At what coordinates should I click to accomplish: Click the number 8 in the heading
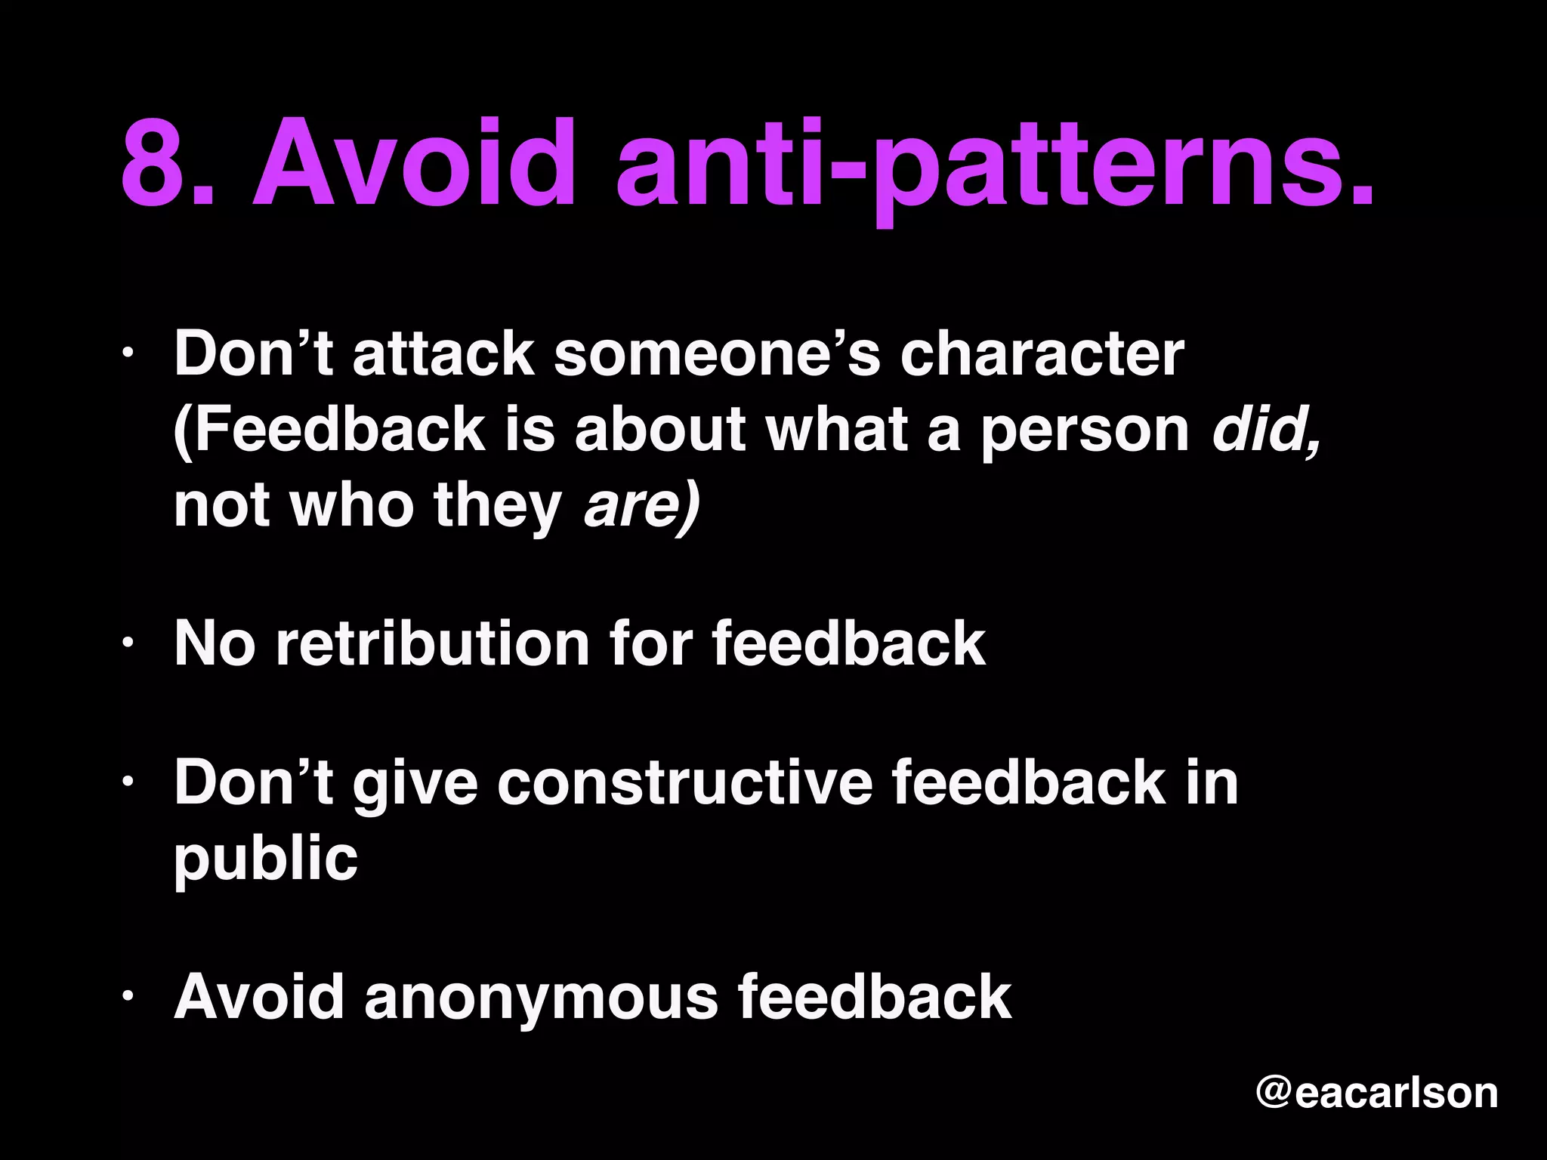(156, 162)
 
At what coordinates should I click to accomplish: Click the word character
(1042, 354)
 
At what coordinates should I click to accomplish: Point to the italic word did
(1265, 430)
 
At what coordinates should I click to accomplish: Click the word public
(265, 859)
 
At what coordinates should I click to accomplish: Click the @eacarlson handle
(1376, 1092)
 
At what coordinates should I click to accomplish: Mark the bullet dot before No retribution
(128, 643)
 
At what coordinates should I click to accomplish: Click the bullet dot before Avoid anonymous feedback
(128, 997)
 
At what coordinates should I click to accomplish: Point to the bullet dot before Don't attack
(128, 353)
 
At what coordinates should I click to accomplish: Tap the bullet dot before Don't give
(128, 782)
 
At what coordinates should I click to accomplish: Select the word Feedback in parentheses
(332, 430)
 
